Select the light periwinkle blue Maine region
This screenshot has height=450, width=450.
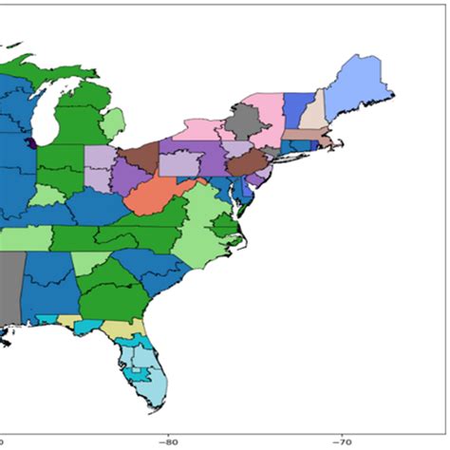click(365, 80)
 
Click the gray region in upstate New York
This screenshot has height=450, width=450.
click(246, 122)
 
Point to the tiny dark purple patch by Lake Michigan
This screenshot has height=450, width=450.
click(32, 143)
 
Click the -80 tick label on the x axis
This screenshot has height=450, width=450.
click(169, 441)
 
